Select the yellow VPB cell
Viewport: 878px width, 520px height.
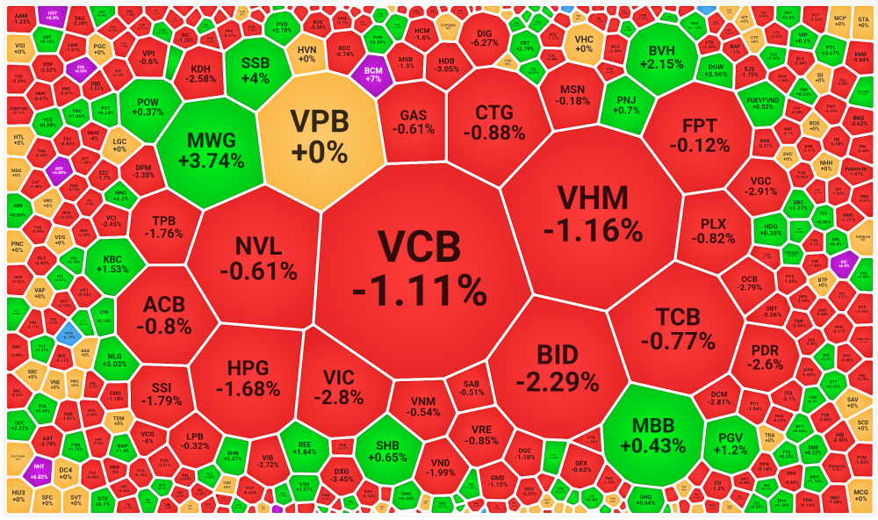pyautogui.click(x=321, y=136)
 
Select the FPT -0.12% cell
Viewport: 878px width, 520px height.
pyautogui.click(x=698, y=132)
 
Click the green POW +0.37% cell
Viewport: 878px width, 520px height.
pyautogui.click(x=149, y=106)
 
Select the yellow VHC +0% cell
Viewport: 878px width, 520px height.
pyautogui.click(x=583, y=43)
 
